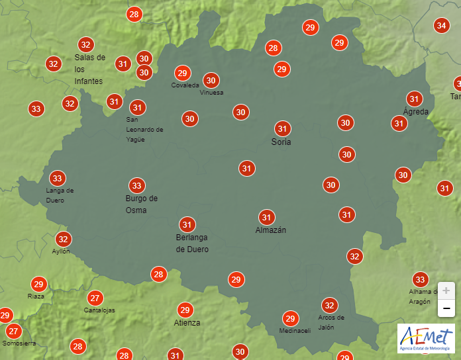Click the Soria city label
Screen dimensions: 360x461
[281, 142]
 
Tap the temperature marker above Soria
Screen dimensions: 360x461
[282, 128]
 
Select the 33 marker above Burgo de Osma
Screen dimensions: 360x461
[136, 185]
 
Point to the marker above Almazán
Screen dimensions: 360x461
[267, 217]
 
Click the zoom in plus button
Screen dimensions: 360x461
[446, 291]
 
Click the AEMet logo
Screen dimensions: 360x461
[426, 338]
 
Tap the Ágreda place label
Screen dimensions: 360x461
[416, 112]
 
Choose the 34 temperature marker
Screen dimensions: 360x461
[441, 26]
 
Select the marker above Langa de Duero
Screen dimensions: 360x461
[57, 178]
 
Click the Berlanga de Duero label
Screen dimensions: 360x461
[192, 244]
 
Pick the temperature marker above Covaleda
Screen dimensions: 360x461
[183, 73]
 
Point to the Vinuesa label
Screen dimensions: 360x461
[211, 93]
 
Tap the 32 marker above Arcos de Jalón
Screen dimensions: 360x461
[329, 305]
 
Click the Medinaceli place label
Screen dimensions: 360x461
[295, 331]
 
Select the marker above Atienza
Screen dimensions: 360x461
[185, 310]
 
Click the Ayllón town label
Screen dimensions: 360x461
[60, 251]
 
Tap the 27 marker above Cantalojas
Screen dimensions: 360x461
[95, 298]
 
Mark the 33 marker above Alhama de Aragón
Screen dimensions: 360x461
[419, 279]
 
